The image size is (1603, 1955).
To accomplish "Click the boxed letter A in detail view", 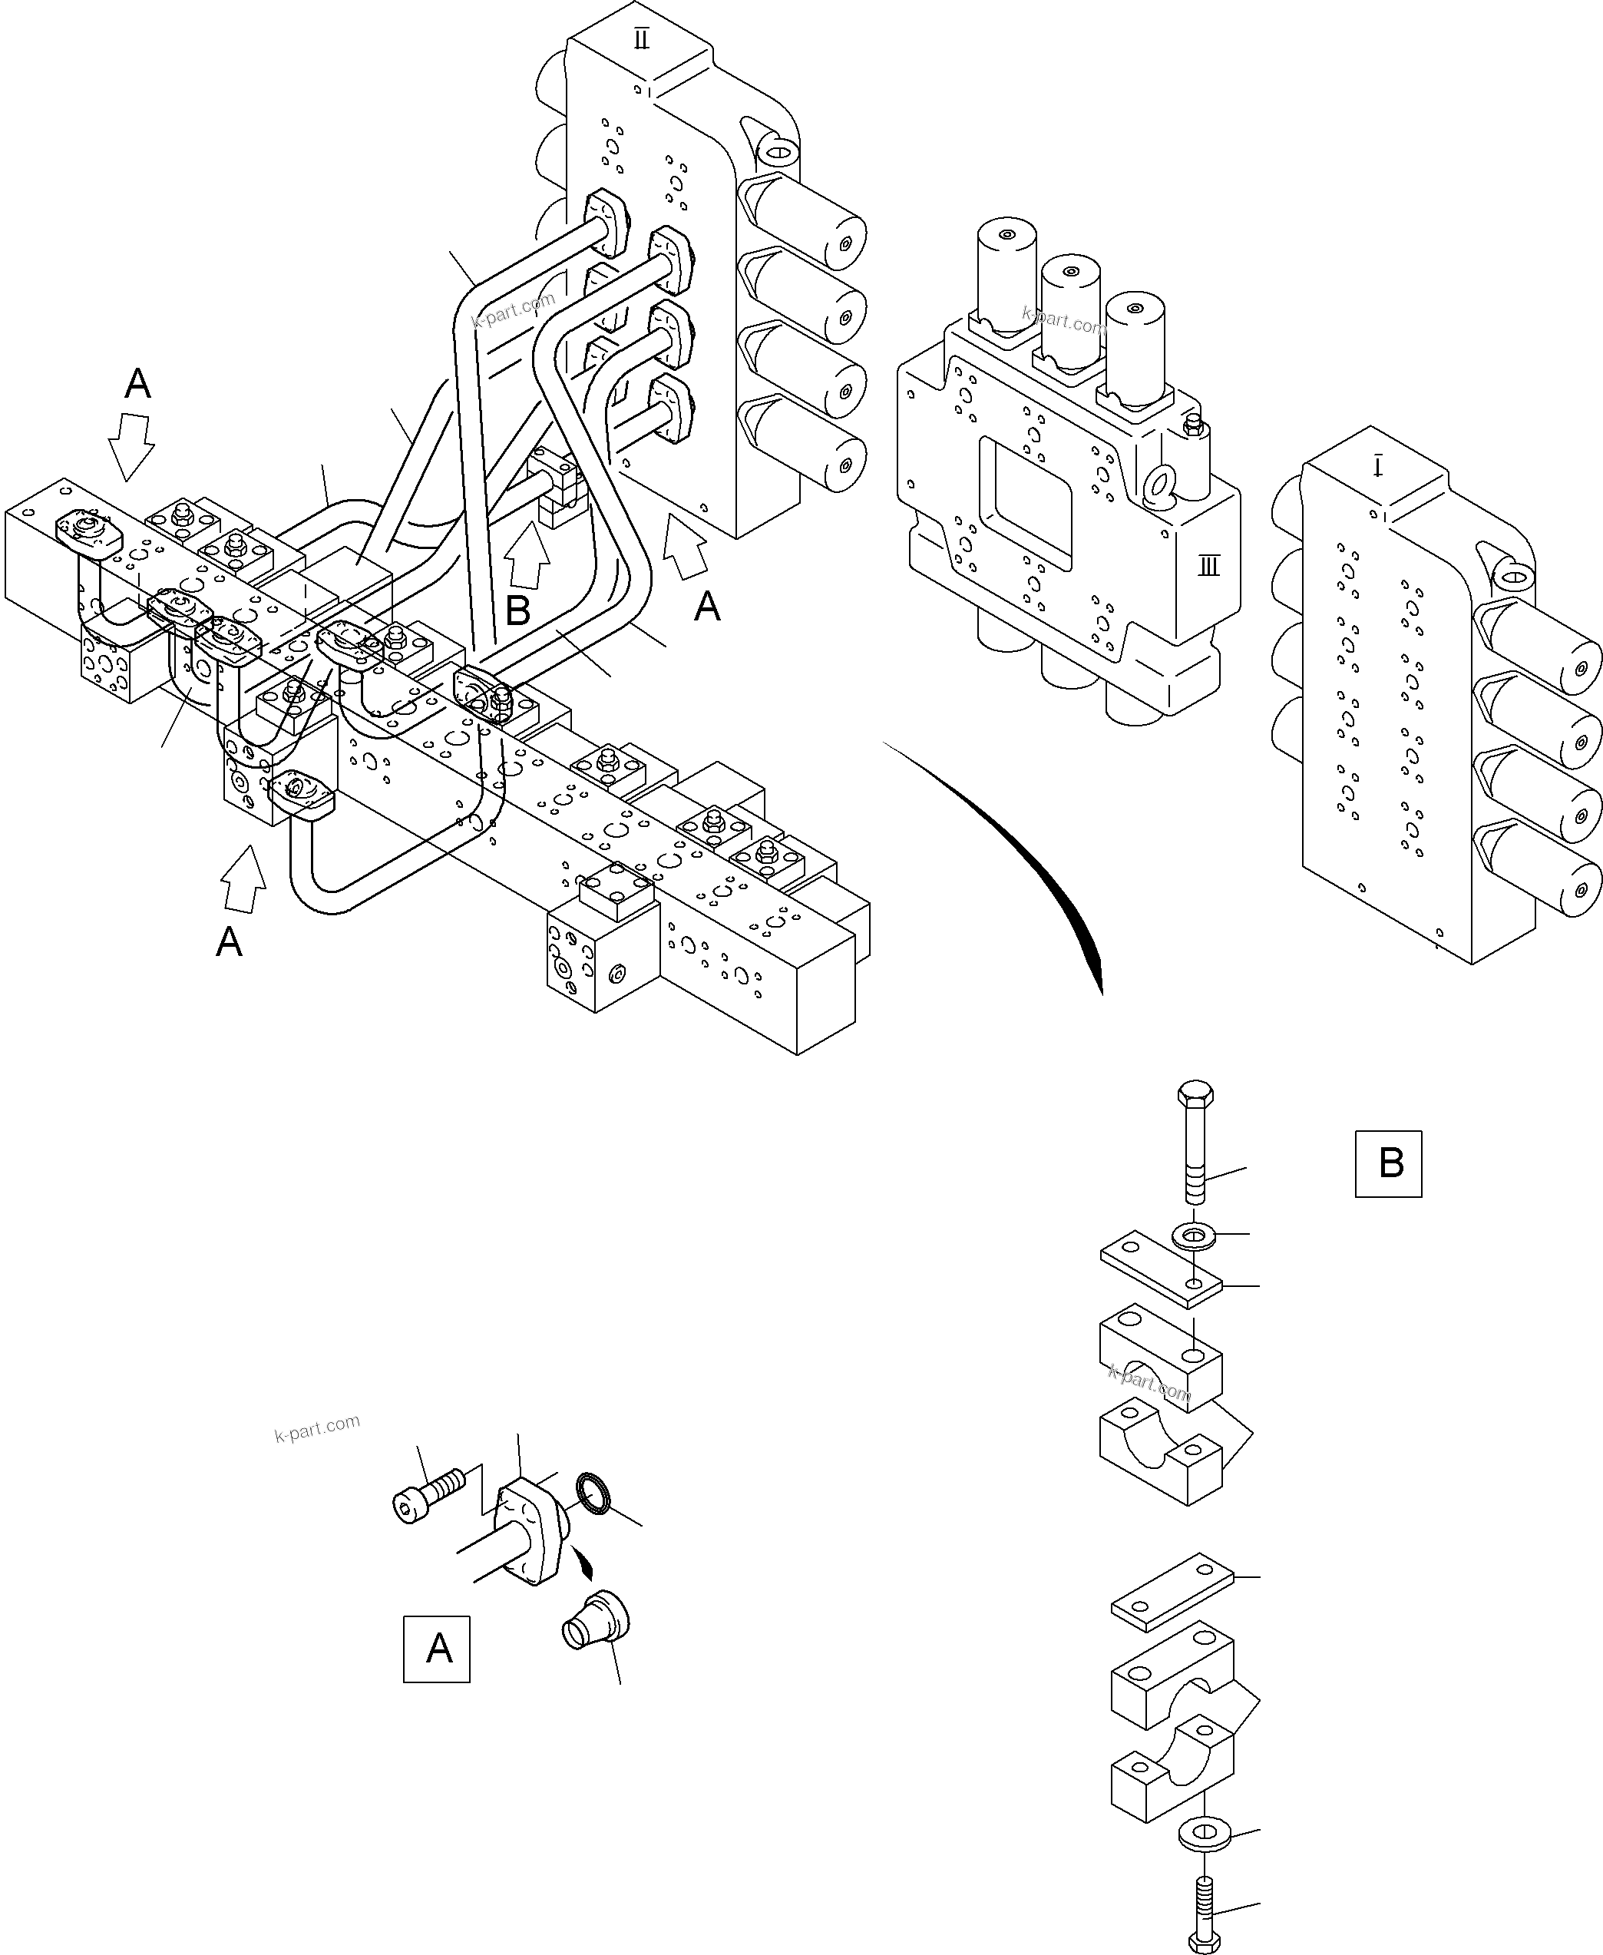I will [x=437, y=1649].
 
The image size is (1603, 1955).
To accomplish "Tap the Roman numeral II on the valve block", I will [x=642, y=40].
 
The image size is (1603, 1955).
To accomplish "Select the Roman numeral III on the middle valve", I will [x=1208, y=566].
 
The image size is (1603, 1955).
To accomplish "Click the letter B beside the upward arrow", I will [x=518, y=610].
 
